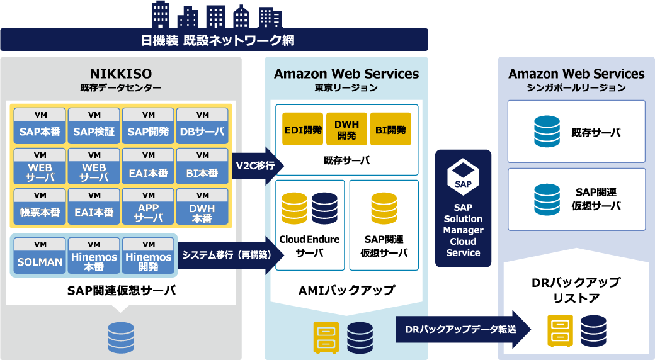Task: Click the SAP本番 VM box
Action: pos(40,126)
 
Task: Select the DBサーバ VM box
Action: pos(202,126)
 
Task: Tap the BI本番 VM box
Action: pos(202,166)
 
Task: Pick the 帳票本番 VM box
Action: pos(40,206)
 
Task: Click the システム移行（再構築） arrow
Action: pos(227,255)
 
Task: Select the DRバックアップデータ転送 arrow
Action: pos(462,329)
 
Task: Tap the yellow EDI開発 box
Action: pos(302,129)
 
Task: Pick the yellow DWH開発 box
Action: pos(346,129)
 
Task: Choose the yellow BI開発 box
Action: pos(390,129)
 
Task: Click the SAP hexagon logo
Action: pos(463,176)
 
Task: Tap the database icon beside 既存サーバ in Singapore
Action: pos(547,132)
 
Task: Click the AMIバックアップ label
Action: pos(346,290)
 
